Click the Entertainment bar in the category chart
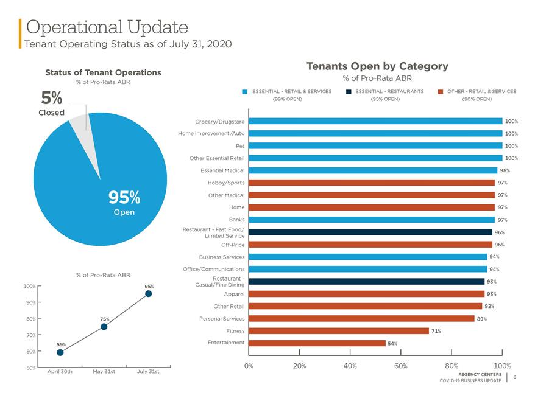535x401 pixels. (x=317, y=343)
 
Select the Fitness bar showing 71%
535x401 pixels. (x=338, y=331)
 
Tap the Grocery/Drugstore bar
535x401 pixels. (x=375, y=121)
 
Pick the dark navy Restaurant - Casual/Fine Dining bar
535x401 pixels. (x=366, y=281)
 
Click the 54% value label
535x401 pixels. (x=392, y=343)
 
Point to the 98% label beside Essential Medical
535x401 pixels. (x=505, y=170)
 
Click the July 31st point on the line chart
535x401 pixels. (x=149, y=294)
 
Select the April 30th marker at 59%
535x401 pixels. (x=60, y=352)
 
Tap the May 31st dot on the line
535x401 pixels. (x=104, y=327)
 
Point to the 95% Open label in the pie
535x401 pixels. (x=124, y=203)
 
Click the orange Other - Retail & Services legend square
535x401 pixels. (x=440, y=92)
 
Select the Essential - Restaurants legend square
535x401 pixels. (x=349, y=92)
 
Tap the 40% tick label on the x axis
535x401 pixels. (x=350, y=366)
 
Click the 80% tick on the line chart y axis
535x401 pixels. (x=31, y=319)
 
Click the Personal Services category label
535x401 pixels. (x=222, y=319)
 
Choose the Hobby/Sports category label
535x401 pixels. (x=226, y=183)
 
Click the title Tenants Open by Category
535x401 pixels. (x=377, y=66)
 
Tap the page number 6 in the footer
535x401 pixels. (x=514, y=377)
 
